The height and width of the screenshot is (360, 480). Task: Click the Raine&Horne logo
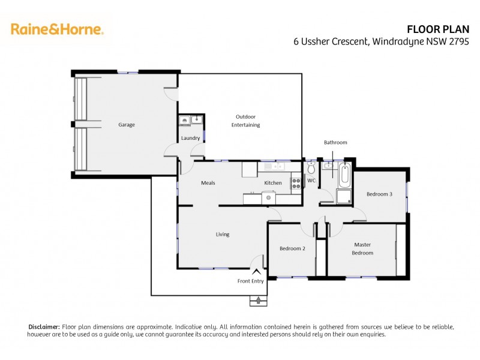point(57,29)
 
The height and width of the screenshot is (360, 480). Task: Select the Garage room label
point(126,125)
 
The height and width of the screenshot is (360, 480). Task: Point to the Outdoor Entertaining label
point(247,121)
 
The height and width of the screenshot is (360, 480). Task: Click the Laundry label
point(191,139)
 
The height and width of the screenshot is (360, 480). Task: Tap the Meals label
point(208,183)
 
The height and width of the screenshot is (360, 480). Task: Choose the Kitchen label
point(273,183)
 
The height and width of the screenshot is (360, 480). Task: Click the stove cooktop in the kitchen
point(295,182)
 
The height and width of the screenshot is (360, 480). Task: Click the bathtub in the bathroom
point(344,175)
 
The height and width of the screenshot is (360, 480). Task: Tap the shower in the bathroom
point(344,197)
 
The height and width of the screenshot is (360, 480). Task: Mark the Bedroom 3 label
point(379,194)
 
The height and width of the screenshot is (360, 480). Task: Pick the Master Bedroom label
point(363,248)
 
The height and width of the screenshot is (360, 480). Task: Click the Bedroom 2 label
point(293,248)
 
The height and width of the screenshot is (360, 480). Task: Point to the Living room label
point(223,234)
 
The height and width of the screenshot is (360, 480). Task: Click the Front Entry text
point(251,281)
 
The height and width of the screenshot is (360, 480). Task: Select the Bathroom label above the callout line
point(335,143)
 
